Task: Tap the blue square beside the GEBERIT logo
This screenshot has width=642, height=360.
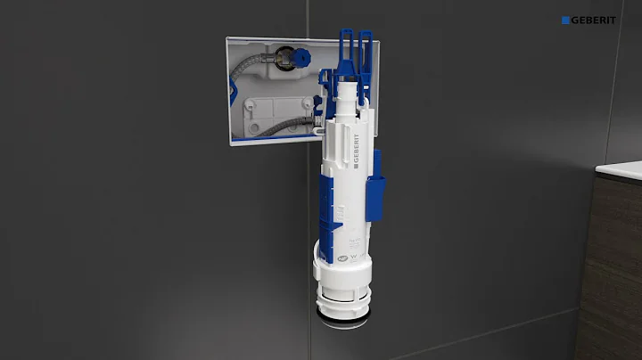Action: [x=565, y=20]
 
